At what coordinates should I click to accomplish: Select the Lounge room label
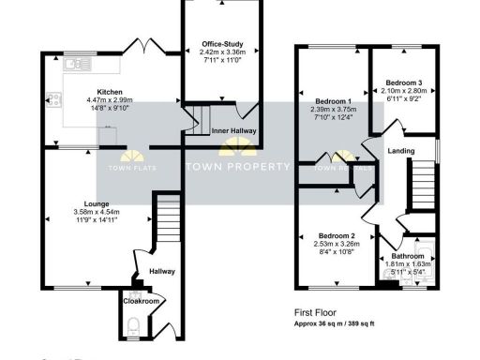96,203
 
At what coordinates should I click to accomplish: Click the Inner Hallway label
233,131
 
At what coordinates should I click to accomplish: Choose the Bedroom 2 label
336,235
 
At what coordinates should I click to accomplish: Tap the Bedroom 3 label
405,83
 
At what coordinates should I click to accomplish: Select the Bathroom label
408,256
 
